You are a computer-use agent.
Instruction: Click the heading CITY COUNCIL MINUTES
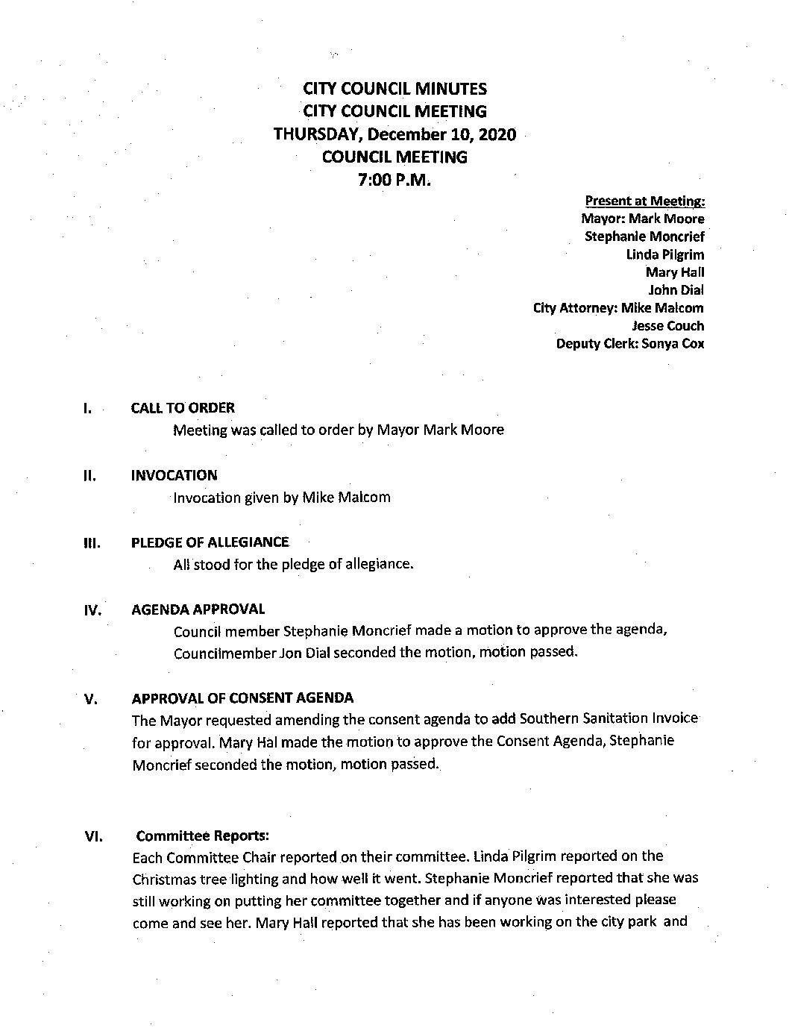point(394,89)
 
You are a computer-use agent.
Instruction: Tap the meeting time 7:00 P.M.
point(394,180)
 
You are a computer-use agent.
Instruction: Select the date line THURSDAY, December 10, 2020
point(394,135)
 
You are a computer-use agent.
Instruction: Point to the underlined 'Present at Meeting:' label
point(645,201)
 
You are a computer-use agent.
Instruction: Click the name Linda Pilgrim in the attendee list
point(664,254)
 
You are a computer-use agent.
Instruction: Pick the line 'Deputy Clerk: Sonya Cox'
point(629,344)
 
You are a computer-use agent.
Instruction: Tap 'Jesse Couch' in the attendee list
point(667,326)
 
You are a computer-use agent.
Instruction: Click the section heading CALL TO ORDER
point(183,408)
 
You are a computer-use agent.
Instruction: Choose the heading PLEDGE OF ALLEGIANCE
point(210,542)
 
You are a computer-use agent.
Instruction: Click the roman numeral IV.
point(92,611)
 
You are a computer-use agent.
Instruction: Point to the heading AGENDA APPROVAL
point(198,609)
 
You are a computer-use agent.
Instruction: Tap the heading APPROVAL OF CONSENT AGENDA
point(242,698)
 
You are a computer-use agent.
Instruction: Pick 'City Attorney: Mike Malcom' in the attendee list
point(617,308)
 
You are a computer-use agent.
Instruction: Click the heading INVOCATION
point(174,475)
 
